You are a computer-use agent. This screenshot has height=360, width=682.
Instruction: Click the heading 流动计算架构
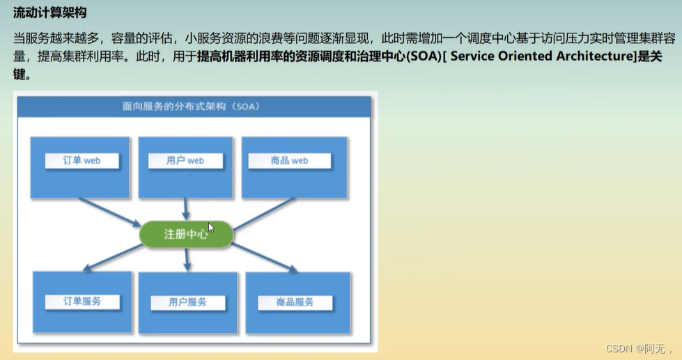click(49, 13)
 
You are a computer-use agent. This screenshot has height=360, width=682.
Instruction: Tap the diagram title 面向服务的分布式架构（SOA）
click(191, 107)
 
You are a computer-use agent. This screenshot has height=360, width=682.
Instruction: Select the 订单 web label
click(82, 160)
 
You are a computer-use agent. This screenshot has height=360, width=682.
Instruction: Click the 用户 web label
click(185, 160)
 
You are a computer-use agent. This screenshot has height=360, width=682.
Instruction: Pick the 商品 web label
click(289, 160)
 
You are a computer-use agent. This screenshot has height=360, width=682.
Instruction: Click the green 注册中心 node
click(186, 235)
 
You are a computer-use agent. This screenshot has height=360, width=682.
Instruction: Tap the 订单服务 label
click(82, 302)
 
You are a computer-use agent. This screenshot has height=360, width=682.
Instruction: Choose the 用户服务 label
click(188, 302)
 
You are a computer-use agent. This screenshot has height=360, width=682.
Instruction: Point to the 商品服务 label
click(295, 302)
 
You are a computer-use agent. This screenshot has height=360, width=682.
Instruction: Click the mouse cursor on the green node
click(211, 228)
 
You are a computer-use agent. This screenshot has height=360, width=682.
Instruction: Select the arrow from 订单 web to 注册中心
click(109, 212)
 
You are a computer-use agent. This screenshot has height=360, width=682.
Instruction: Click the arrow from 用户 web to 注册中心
click(186, 209)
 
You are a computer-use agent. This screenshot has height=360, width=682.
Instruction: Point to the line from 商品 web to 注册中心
click(264, 214)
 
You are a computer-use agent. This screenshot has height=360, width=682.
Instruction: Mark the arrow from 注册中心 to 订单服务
click(113, 258)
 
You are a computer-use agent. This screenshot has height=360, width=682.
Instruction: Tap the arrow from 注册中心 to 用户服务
click(187, 260)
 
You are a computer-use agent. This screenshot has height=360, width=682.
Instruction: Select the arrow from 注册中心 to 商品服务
click(264, 258)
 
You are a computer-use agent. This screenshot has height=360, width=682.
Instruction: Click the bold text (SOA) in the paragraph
click(424, 56)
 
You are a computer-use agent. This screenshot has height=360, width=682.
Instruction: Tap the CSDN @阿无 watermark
click(639, 348)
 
